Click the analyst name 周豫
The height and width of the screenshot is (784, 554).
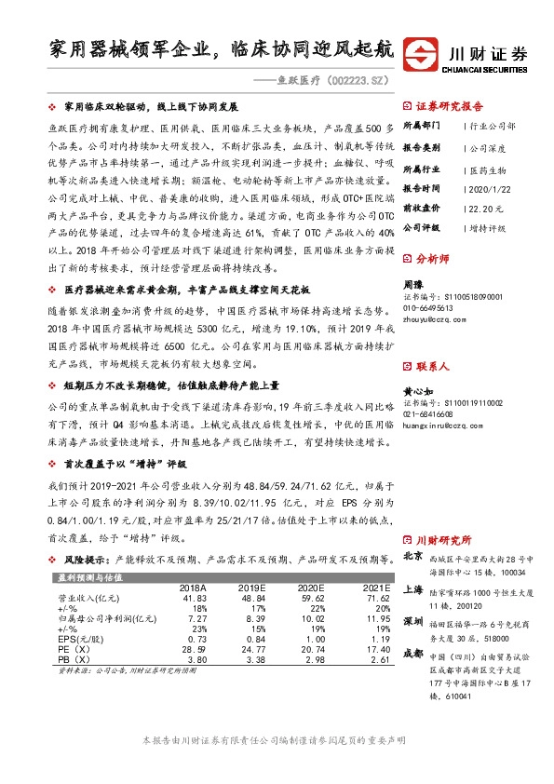coord(412,282)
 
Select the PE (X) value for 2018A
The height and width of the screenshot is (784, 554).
coord(192,650)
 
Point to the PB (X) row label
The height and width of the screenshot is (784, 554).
coord(74,660)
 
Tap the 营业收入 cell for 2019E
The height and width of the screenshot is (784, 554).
coord(251,599)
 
